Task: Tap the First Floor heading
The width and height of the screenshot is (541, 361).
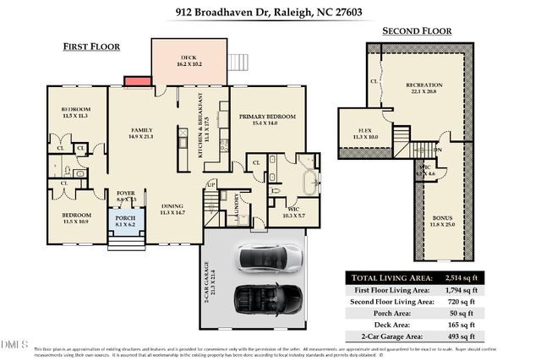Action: (x=91, y=46)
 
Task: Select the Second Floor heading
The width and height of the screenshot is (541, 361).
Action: (x=416, y=31)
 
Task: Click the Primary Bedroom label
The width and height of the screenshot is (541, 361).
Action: (x=266, y=118)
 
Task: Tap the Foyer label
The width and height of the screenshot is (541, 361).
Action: (x=125, y=194)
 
